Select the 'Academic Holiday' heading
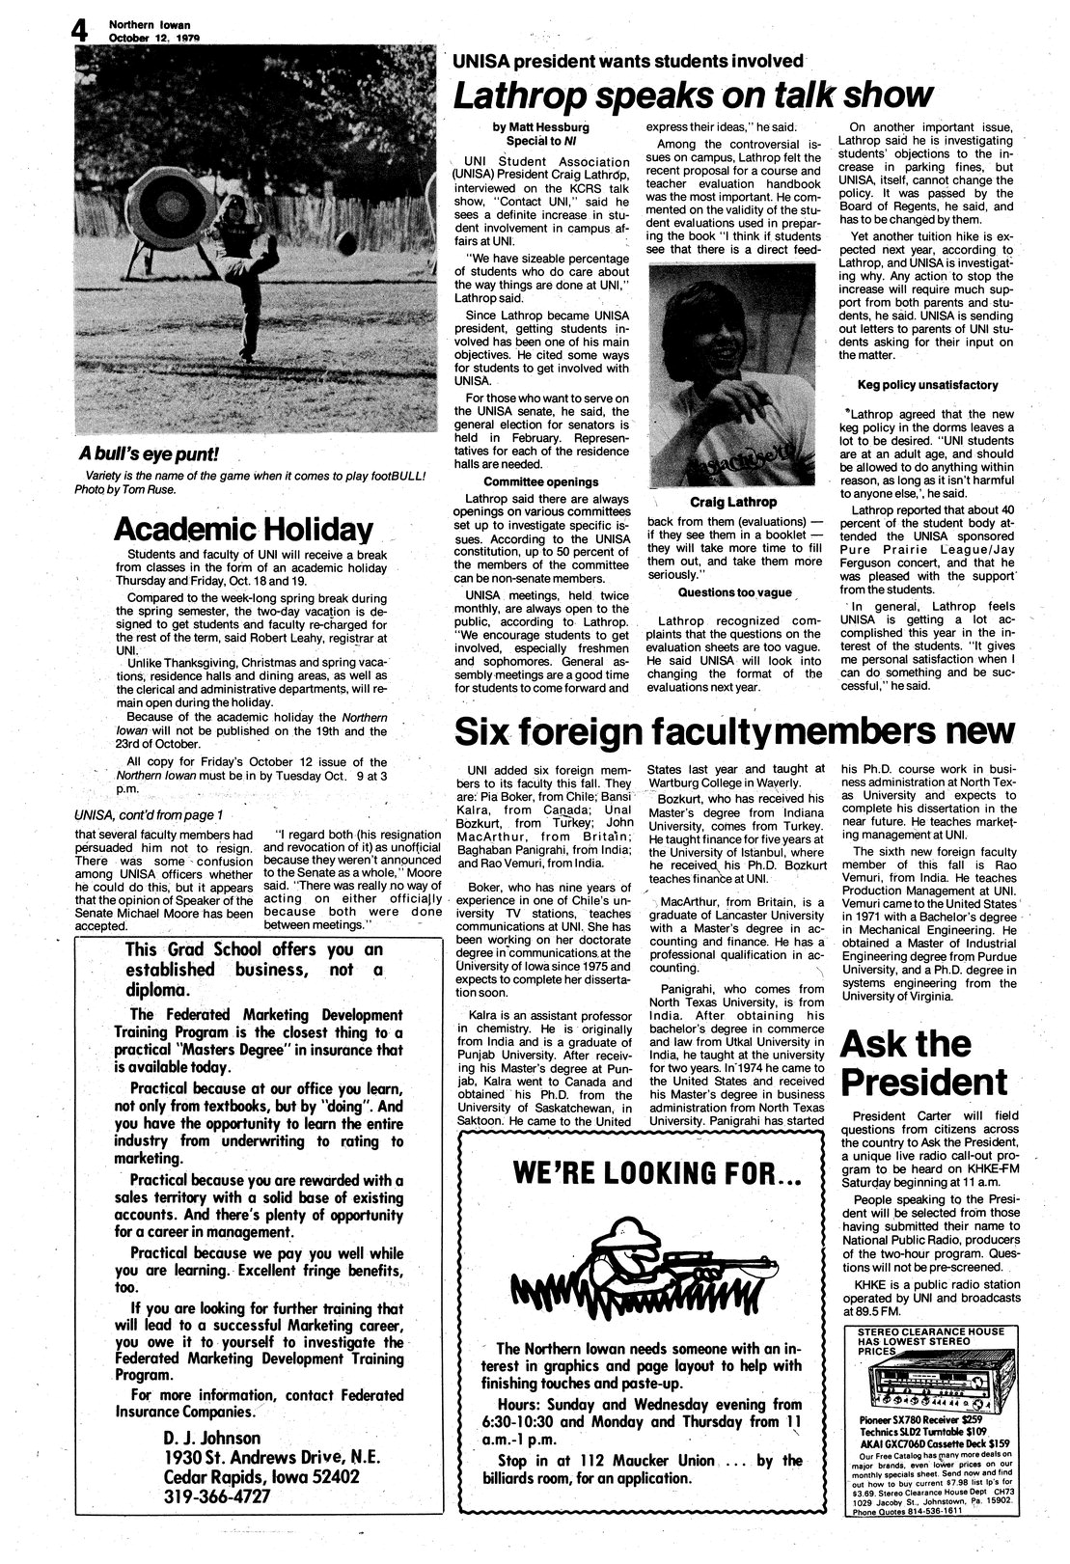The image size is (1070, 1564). pyautogui.click(x=243, y=529)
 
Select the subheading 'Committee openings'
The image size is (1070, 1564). pyautogui.click(x=540, y=481)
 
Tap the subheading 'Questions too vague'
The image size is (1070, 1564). pyautogui.click(x=734, y=591)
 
